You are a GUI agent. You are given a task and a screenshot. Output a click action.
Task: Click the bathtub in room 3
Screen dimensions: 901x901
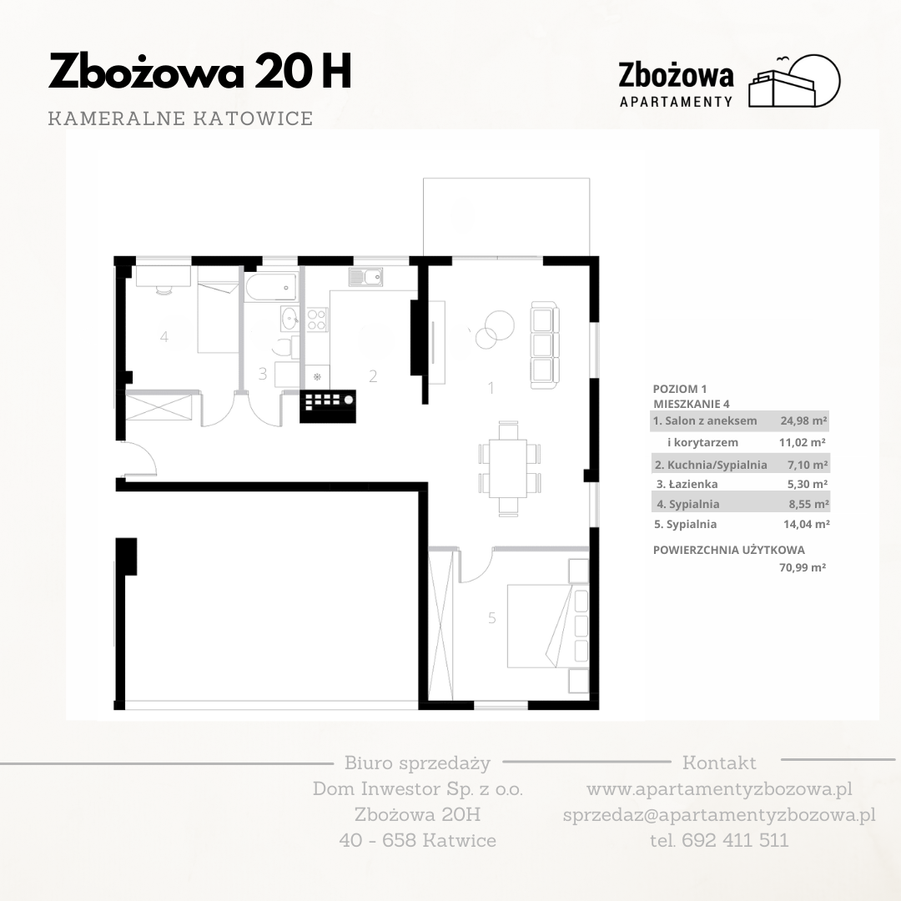click(x=271, y=286)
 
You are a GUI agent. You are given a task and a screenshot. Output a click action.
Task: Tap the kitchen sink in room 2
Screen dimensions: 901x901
click(x=365, y=278)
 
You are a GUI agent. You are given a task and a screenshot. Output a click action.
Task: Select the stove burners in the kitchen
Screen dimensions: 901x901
click(x=317, y=320)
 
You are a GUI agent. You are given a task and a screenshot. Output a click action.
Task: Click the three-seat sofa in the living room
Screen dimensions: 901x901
click(x=544, y=345)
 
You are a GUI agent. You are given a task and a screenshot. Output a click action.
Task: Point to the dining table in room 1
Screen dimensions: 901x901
click(x=508, y=468)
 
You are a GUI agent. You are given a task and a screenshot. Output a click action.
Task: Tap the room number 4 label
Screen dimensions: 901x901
click(x=164, y=337)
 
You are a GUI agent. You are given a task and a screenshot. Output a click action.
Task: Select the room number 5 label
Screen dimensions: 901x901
click(x=492, y=617)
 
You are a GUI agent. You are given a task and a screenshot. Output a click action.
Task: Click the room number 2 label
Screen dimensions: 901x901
click(x=373, y=376)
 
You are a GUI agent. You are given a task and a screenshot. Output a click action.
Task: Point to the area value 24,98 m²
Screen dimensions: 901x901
click(x=803, y=420)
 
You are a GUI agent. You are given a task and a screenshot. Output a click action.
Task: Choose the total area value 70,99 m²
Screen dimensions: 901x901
click(x=803, y=568)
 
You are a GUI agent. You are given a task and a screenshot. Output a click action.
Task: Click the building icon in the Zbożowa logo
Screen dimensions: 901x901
click(x=794, y=81)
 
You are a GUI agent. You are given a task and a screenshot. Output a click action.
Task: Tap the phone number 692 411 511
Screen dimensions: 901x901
click(x=735, y=840)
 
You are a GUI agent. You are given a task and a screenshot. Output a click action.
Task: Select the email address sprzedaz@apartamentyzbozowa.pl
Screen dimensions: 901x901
click(x=719, y=815)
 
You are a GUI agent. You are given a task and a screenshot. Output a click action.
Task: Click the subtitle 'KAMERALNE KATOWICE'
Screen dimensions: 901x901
click(x=180, y=118)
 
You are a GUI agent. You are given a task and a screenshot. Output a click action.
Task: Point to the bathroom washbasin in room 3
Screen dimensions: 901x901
click(x=289, y=319)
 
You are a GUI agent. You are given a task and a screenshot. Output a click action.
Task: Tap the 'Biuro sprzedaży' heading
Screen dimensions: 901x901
click(x=418, y=763)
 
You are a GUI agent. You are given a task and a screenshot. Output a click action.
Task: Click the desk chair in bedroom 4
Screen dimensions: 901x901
click(x=164, y=290)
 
